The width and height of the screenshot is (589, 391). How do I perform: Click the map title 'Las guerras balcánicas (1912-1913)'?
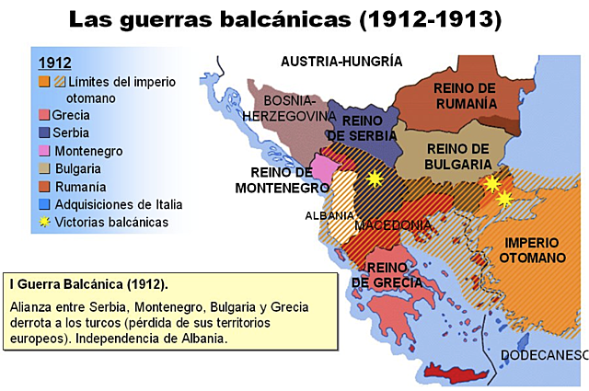[x=294, y=18]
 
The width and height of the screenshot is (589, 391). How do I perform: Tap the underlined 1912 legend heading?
[x=54, y=63]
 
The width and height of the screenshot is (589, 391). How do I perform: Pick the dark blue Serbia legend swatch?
[x=43, y=133]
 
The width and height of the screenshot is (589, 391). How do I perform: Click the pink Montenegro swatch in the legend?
[x=43, y=151]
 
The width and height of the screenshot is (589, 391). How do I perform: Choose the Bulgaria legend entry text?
[x=77, y=168]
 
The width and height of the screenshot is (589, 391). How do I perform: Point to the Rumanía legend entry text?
[x=79, y=186]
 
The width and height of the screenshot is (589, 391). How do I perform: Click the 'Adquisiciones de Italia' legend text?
[x=119, y=203]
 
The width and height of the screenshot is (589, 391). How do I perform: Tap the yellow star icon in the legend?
[x=43, y=221]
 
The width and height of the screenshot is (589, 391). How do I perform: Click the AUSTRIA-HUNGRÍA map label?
[x=341, y=62]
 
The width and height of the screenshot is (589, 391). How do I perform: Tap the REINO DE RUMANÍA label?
[x=465, y=95]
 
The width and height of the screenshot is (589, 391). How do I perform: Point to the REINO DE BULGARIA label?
[x=458, y=155]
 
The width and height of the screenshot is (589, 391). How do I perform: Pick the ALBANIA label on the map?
[x=329, y=215]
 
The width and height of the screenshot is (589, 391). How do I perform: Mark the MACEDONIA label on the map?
[x=393, y=225]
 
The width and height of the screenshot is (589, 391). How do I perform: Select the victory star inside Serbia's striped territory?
[x=374, y=178]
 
